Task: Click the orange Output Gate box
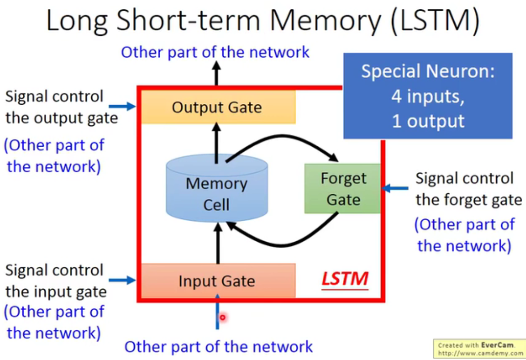click(218, 107)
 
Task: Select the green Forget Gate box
click(342, 189)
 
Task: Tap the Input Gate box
click(218, 281)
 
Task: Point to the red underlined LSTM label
click(345, 279)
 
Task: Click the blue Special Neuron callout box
click(427, 95)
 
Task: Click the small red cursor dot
click(223, 318)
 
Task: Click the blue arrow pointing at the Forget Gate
click(395, 189)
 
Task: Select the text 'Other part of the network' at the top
click(215, 52)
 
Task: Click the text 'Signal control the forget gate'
click(468, 189)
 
